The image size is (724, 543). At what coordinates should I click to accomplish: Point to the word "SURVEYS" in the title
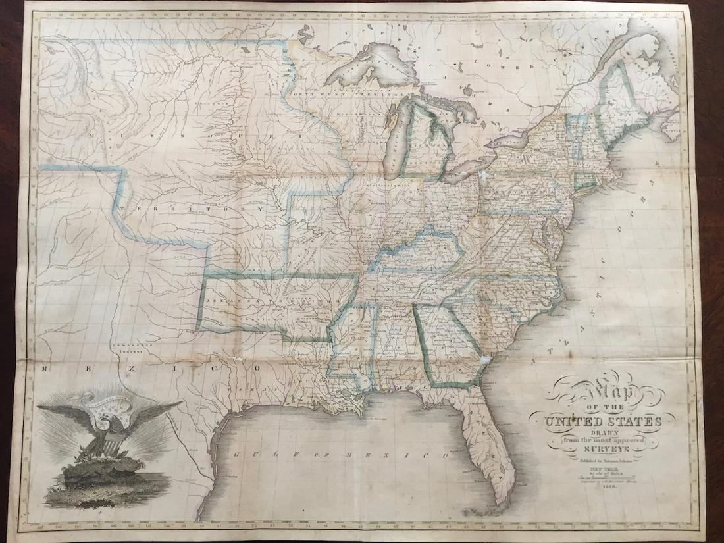(604, 449)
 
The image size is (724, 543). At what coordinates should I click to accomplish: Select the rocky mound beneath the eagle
(105, 471)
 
